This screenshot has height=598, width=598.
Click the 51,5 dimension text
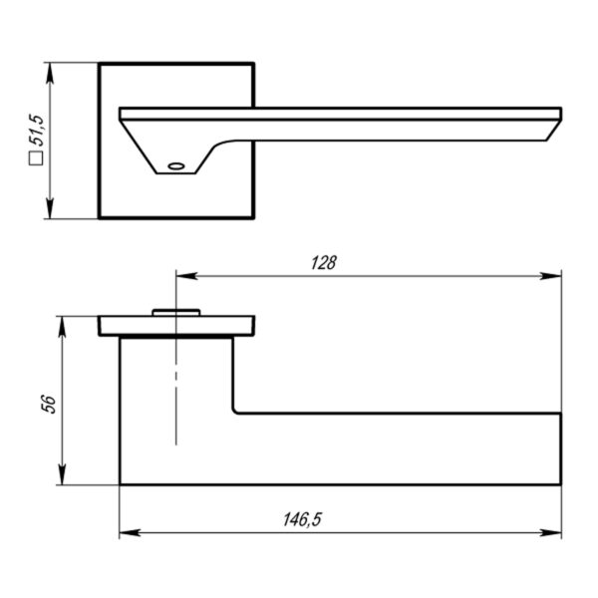tap(39, 130)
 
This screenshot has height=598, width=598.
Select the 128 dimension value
tap(324, 263)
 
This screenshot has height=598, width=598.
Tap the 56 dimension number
tap(49, 405)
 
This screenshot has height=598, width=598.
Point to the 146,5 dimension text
tap(302, 519)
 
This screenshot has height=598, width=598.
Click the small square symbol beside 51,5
tap(36, 158)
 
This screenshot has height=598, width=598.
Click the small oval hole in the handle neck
tap(176, 166)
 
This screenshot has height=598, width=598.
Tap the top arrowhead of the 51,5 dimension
tap(50, 73)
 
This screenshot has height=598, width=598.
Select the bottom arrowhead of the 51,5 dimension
tap(50, 208)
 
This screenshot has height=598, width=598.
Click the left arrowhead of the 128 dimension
tap(187, 276)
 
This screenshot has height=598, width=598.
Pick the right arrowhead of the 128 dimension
tap(551, 276)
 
